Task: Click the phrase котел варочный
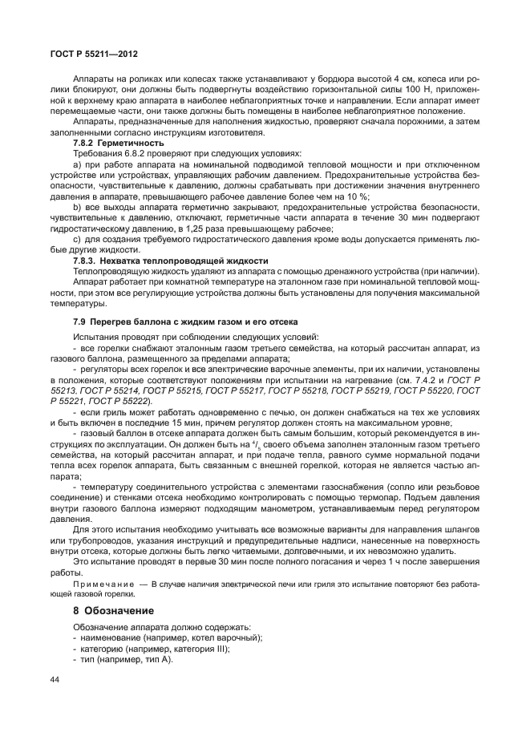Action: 212,637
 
